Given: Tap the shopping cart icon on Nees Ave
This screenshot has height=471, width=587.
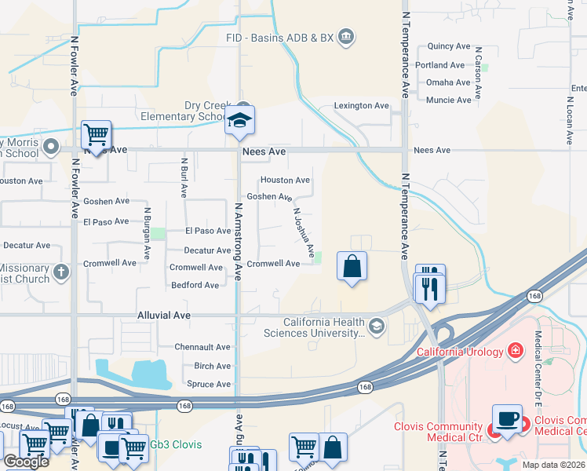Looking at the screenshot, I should point(96,135).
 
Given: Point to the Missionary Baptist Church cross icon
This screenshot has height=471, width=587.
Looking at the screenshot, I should point(61,272).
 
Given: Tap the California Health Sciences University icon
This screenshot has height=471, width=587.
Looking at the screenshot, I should point(377,327).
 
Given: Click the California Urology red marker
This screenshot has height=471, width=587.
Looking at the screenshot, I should point(516,350).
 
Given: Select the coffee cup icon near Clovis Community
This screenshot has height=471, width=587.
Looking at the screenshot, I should point(507,419).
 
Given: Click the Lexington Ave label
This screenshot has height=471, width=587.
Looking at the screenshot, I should point(362,105).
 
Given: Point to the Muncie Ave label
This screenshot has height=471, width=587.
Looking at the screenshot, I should point(449,100).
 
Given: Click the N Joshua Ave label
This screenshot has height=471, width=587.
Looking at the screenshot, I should point(304,232).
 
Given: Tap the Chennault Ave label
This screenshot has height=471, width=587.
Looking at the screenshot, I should point(202,347).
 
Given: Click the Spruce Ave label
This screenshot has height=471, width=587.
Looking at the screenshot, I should point(209,384).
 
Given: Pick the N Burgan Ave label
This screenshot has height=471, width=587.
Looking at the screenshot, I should point(147,233).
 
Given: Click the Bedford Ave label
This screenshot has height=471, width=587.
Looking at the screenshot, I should point(195,285).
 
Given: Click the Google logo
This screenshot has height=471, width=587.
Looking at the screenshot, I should point(26,462).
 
